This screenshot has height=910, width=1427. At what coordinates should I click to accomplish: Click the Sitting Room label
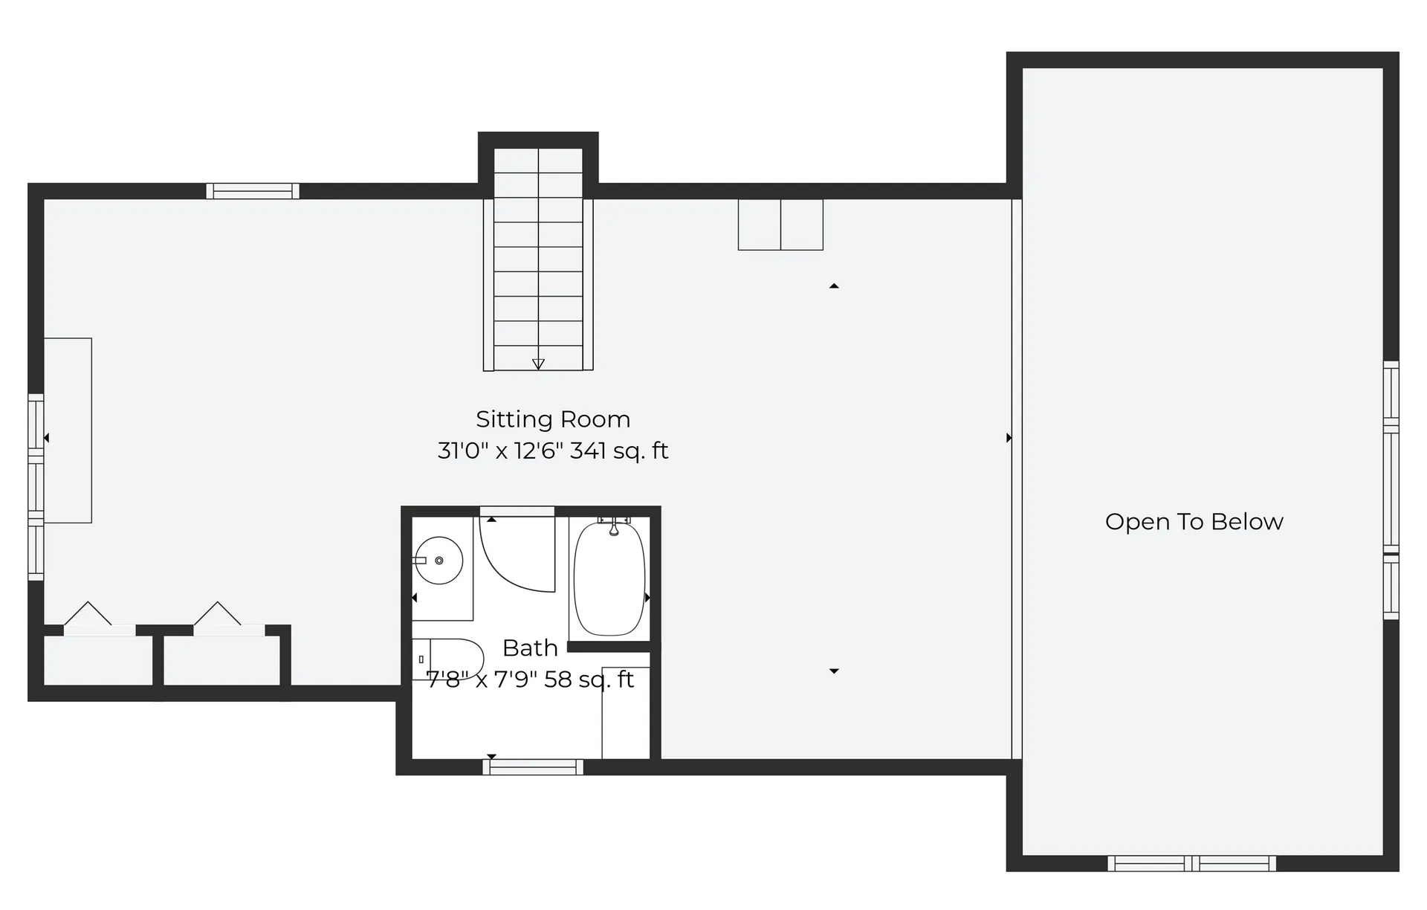click(x=553, y=419)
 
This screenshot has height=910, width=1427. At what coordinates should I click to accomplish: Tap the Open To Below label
click(x=1194, y=522)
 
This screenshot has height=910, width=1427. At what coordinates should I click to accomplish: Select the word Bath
click(x=530, y=648)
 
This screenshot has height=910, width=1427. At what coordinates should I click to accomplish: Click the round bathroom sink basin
click(x=439, y=561)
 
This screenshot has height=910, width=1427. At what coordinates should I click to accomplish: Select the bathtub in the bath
click(x=609, y=578)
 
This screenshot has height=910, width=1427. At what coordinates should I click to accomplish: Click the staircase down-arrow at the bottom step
click(x=538, y=364)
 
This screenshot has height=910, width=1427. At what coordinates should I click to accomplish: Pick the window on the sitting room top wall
click(x=253, y=191)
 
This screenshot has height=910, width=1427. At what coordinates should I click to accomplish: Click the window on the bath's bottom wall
click(x=533, y=767)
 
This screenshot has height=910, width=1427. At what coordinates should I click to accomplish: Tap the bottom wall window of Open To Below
click(x=1191, y=863)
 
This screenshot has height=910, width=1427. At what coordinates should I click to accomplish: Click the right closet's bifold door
click(x=219, y=616)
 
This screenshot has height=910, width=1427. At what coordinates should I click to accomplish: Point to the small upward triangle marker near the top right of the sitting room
click(x=834, y=286)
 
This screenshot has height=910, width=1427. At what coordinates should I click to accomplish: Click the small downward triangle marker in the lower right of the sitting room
click(x=834, y=671)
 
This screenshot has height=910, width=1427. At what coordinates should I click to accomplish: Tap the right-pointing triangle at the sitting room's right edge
click(x=1009, y=438)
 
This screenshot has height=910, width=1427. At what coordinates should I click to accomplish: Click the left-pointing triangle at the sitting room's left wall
click(x=47, y=438)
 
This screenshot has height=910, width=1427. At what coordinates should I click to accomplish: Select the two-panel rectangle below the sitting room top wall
click(x=780, y=225)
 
